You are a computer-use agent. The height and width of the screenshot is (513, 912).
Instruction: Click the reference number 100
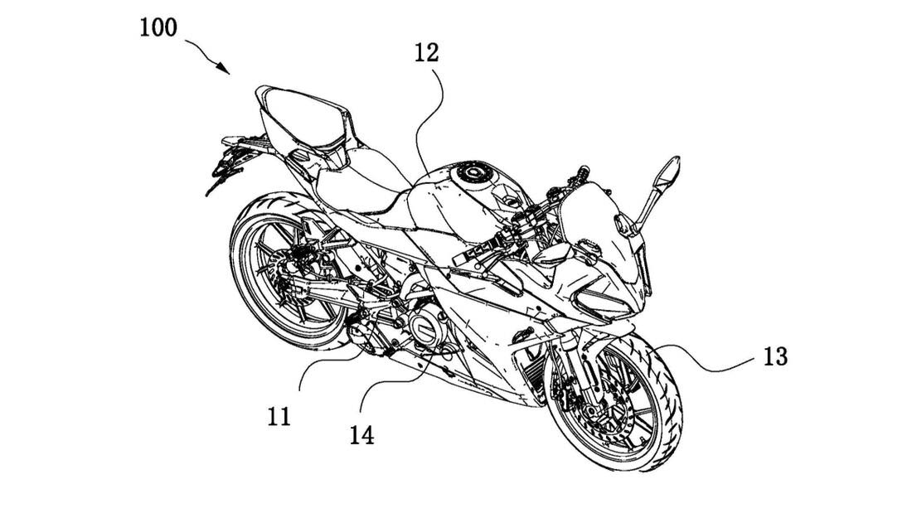158,27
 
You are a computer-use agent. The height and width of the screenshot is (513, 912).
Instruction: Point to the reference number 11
279,415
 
